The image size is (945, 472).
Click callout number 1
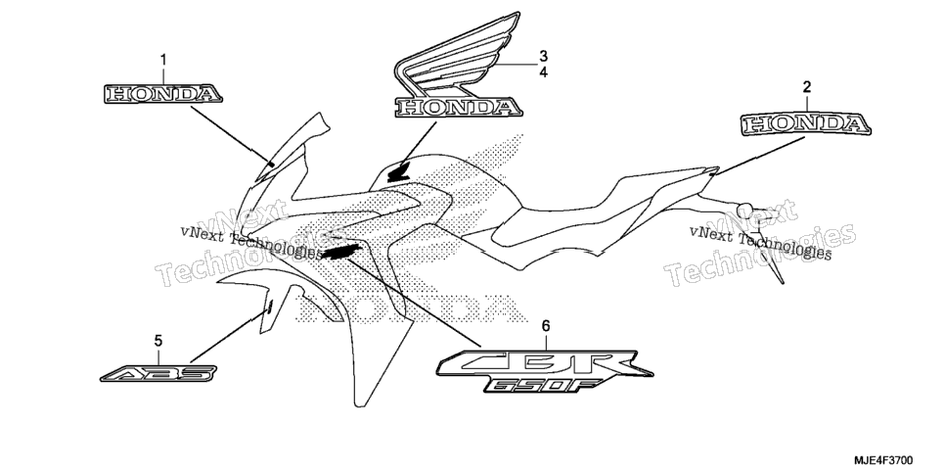pyautogui.click(x=163, y=60)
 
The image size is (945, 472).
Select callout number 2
pyautogui.click(x=806, y=87)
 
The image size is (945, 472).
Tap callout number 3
pyautogui.click(x=543, y=57)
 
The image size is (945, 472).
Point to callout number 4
pyautogui.click(x=543, y=72)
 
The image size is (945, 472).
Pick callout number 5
pyautogui.click(x=157, y=341)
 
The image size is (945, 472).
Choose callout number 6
pyautogui.click(x=546, y=326)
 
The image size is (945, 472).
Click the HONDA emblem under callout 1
pyautogui.click(x=163, y=94)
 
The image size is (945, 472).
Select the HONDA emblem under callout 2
pyautogui.click(x=806, y=124)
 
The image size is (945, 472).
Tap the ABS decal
pyautogui.click(x=158, y=374)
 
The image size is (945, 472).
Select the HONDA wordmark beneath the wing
pyautogui.click(x=458, y=108)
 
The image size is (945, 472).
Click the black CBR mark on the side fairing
pyautogui.click(x=341, y=253)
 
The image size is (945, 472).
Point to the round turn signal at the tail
pyautogui.click(x=744, y=210)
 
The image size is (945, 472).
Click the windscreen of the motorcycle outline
pyautogui.click(x=293, y=147)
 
